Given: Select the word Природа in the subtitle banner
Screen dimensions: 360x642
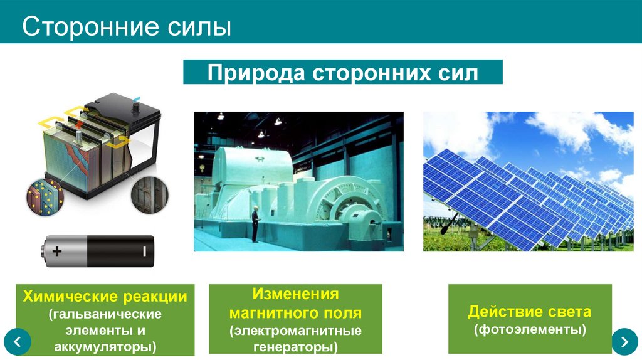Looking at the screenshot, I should click(253, 73).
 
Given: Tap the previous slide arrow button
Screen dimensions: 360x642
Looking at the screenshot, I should click(18, 342).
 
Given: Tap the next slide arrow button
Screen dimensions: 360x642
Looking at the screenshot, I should click(624, 341).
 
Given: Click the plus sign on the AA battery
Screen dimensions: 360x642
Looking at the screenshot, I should click(57, 251).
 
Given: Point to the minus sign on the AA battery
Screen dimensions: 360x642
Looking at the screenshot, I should click(144, 251).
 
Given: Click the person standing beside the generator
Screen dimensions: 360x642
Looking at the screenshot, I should click(255, 224).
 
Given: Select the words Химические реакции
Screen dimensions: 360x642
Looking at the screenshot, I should click(105, 296).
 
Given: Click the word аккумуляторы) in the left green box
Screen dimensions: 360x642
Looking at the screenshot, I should click(105, 346).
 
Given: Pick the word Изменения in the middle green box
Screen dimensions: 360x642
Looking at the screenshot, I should click(295, 294).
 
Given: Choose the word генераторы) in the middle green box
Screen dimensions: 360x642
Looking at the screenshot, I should click(295, 346).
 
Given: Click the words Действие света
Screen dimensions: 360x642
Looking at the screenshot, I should click(530, 312).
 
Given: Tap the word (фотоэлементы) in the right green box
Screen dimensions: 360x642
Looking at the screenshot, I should click(530, 329).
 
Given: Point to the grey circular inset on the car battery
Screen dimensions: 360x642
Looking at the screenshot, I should click(150, 196).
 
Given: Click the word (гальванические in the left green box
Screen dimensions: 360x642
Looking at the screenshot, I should click(105, 313).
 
